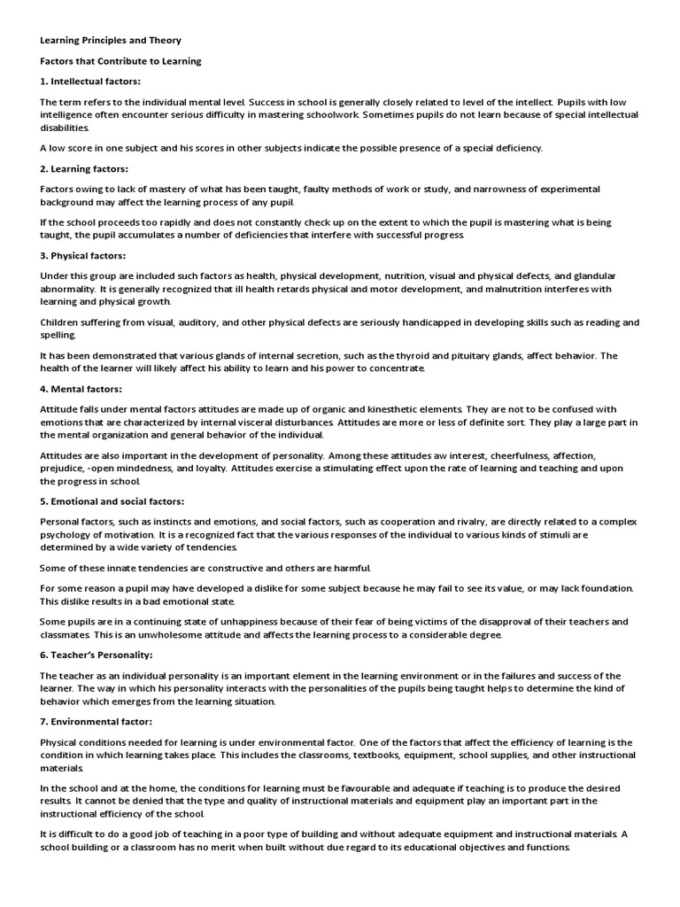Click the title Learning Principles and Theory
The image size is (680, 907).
coord(111,41)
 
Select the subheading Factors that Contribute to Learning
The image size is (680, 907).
coord(121,61)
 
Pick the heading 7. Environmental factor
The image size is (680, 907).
coord(97,722)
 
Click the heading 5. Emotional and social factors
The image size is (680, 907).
coord(112,500)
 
